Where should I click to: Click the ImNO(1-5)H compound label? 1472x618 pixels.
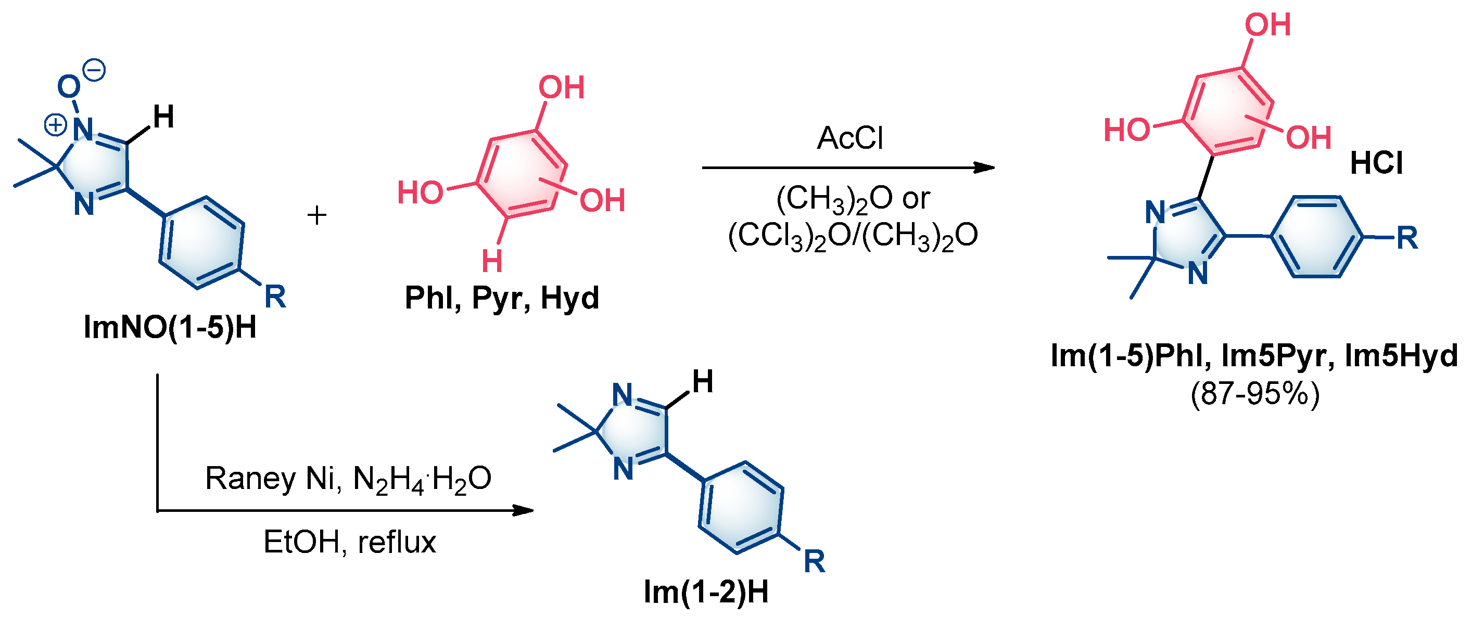point(170,327)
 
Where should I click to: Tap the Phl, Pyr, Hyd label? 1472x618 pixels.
point(502,298)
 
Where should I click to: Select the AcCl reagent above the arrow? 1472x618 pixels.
point(849,138)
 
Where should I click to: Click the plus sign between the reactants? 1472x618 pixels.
point(316,215)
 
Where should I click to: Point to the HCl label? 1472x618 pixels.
point(1376,163)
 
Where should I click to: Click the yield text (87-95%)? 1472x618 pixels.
point(1255,393)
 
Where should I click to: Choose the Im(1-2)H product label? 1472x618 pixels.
point(706,591)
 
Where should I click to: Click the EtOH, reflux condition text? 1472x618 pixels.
point(349,542)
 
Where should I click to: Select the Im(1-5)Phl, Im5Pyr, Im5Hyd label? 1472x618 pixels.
point(1254,356)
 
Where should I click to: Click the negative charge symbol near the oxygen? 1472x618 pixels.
point(95,70)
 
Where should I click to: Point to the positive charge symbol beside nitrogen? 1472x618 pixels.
point(55,124)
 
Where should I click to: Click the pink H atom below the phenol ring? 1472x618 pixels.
point(492,261)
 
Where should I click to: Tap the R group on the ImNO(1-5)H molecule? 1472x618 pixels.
point(275,297)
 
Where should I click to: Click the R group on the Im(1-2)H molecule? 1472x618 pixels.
point(814,561)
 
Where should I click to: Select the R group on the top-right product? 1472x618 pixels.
point(1407,238)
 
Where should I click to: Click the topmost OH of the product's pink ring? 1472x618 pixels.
point(1268,24)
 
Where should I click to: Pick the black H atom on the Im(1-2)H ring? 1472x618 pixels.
point(703,381)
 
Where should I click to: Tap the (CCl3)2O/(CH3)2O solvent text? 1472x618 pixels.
point(853,235)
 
